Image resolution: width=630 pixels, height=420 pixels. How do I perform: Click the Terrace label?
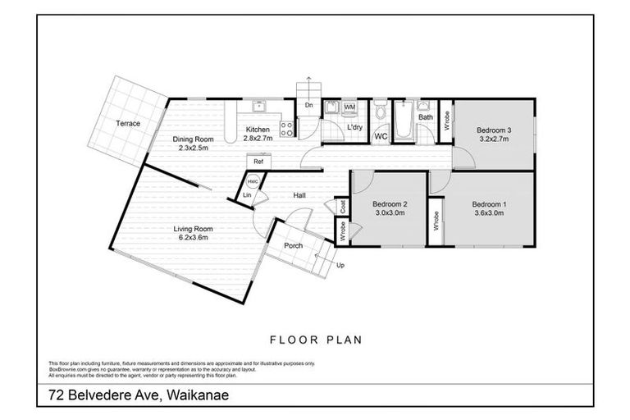point(127,124)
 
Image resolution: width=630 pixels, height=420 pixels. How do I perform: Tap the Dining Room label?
point(193,139)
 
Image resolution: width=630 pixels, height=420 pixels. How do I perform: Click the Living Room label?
point(193,229)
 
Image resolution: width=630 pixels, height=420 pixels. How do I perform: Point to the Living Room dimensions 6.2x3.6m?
point(193,238)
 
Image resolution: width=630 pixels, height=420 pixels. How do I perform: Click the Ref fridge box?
point(257,162)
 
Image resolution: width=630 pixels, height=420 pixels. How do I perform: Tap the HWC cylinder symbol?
point(253,182)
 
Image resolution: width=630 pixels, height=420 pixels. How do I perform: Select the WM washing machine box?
point(349,107)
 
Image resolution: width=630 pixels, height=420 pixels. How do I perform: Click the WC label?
point(381,136)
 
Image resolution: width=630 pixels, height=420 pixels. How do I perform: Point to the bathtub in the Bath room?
point(404,123)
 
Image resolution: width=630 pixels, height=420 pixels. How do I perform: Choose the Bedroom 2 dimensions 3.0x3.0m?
point(389,212)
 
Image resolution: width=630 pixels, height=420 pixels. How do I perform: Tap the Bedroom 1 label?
point(489,203)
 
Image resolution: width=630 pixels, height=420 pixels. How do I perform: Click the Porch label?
point(294,245)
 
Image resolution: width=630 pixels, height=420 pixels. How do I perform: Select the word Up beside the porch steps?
point(341,266)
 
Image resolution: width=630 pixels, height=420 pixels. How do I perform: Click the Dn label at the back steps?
point(308,106)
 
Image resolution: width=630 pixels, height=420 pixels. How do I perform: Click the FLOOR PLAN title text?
point(316,339)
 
